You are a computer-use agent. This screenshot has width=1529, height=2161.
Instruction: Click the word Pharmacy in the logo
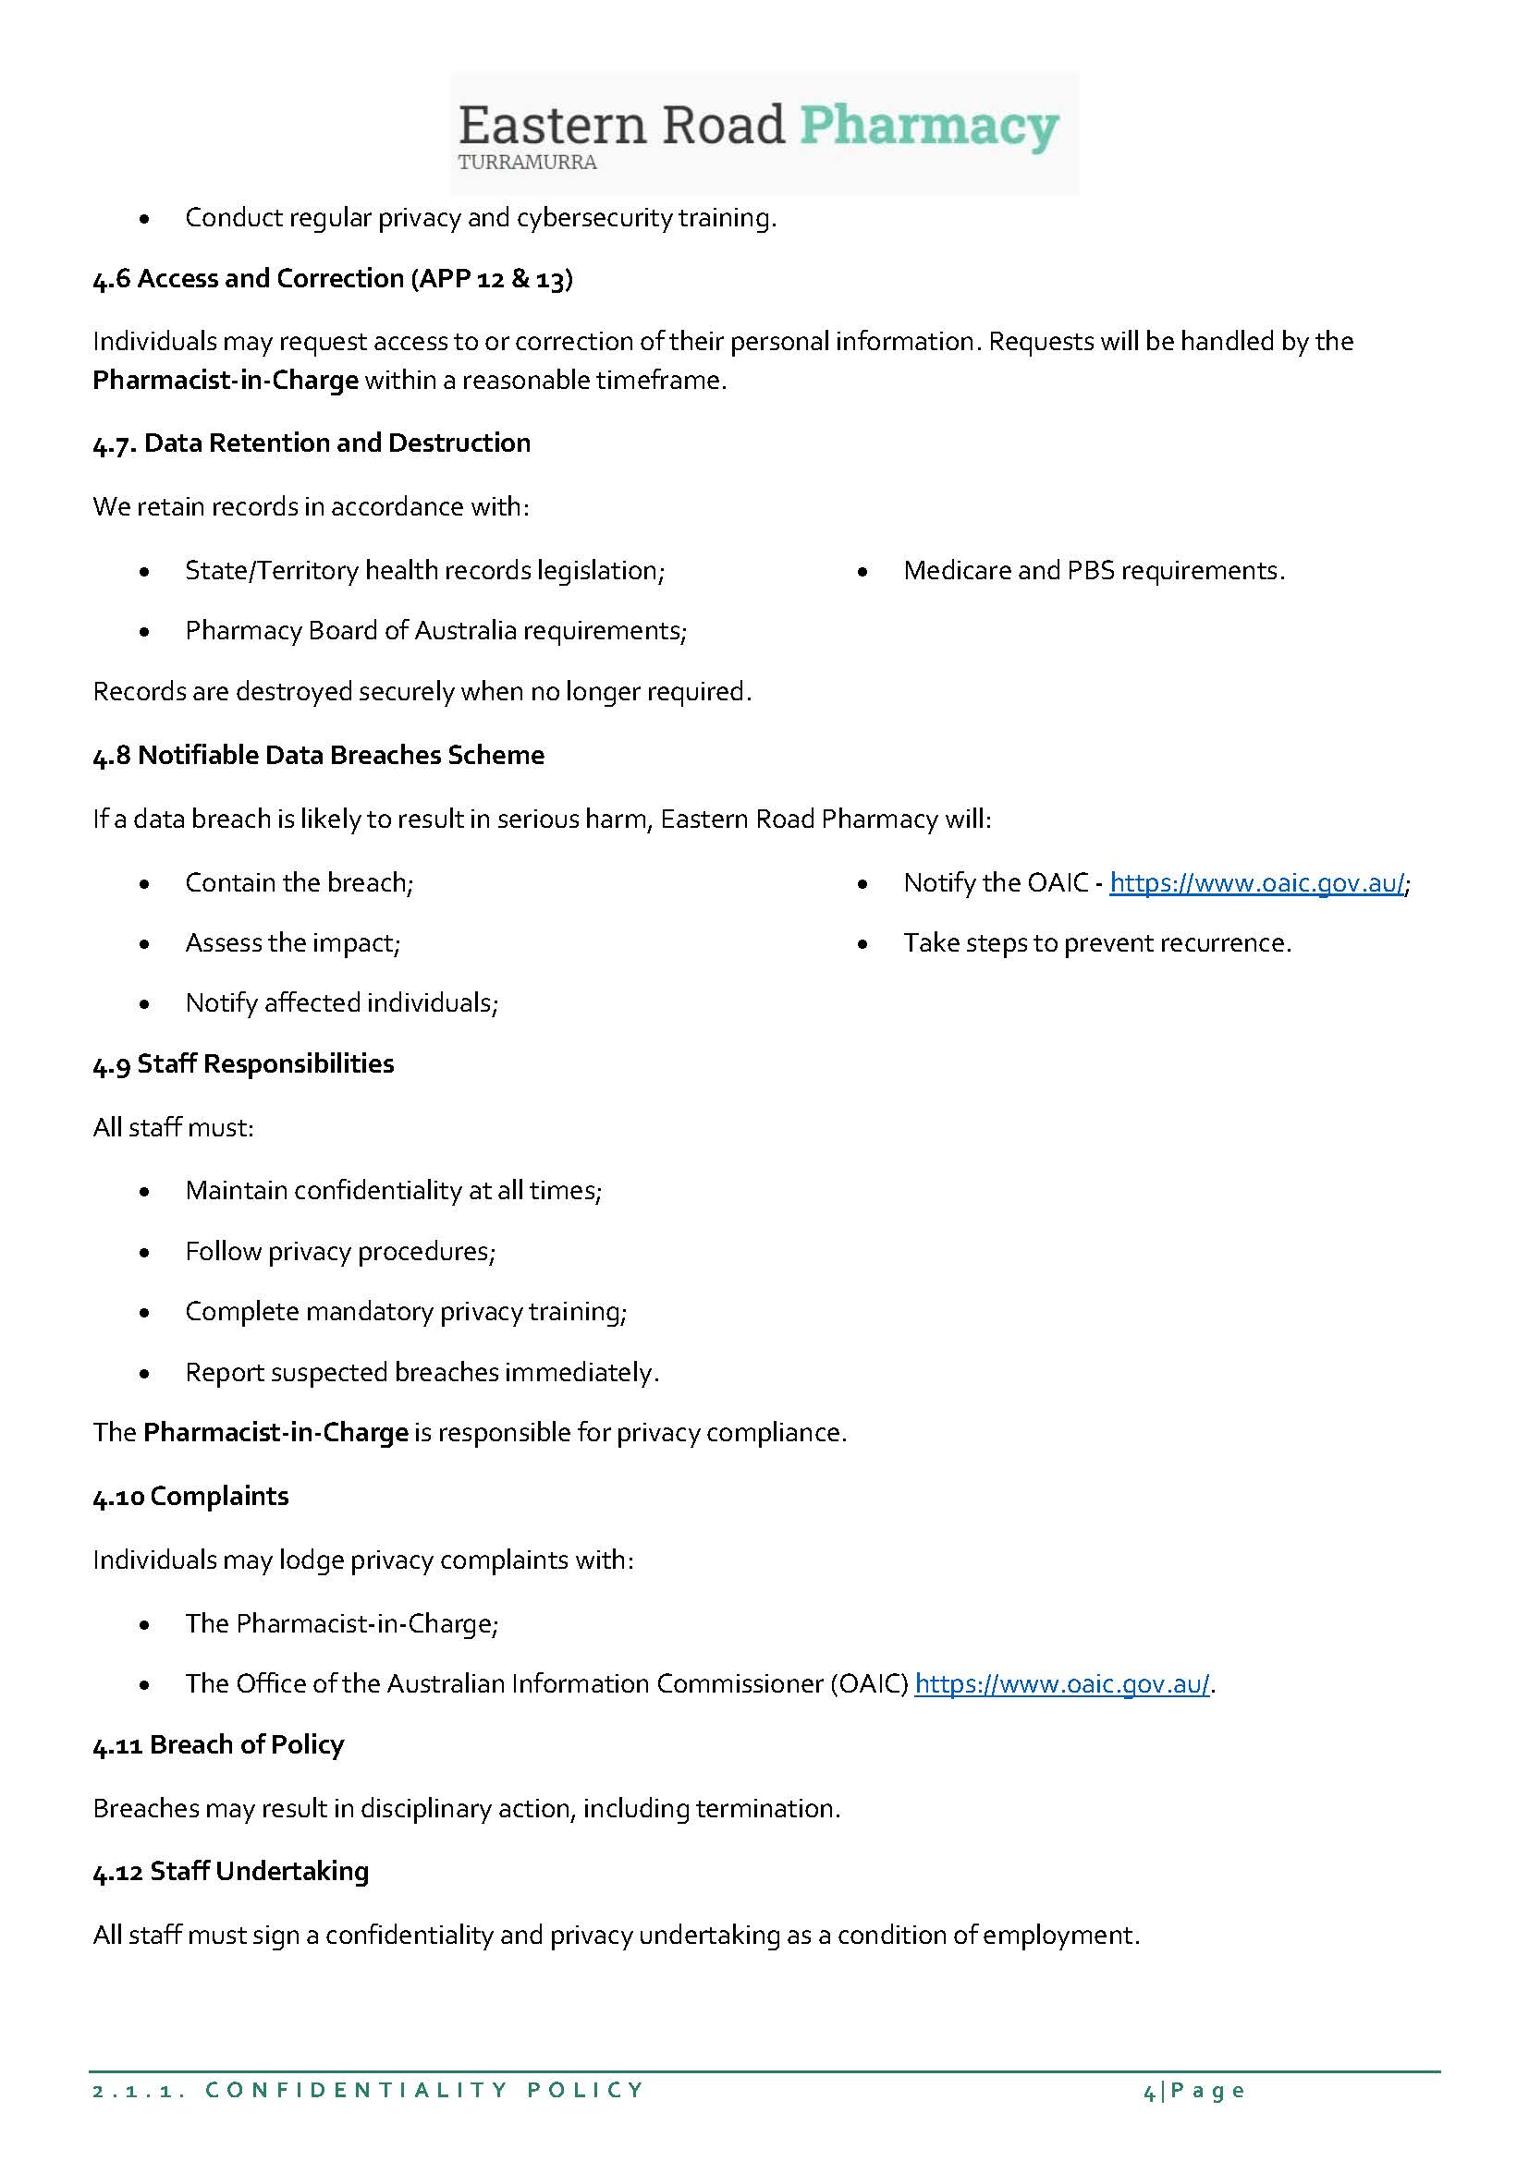928,127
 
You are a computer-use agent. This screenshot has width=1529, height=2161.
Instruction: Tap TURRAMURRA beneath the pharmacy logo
527,162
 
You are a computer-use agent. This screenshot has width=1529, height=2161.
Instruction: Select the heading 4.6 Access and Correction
333,279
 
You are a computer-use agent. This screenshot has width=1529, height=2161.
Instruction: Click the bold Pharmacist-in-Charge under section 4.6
225,381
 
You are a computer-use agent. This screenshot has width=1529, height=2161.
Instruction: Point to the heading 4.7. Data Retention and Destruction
312,443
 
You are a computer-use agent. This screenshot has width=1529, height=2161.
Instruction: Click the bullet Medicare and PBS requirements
1093,570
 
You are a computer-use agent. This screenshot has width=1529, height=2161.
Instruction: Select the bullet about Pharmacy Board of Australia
435,631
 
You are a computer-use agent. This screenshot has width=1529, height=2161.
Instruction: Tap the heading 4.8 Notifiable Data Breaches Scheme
318,755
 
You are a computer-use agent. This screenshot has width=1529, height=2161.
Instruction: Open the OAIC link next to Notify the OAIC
1257,883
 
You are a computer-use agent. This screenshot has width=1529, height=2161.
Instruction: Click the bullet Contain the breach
299,883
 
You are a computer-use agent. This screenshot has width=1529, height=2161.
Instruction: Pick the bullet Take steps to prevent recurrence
1097,943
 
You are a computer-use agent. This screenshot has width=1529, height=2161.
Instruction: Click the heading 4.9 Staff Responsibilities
243,1063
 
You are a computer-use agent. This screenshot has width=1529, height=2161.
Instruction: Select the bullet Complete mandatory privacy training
405,1311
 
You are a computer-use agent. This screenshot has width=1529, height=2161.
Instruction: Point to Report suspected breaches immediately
421,1372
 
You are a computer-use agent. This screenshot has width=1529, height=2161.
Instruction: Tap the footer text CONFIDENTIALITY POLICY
423,2091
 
